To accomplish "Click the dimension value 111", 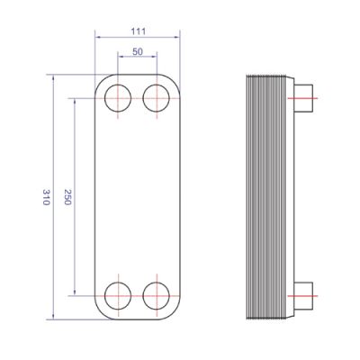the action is [x=139, y=31].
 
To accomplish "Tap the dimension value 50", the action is [x=138, y=51].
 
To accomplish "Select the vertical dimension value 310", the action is [x=46, y=197].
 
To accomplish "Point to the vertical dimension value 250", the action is [x=67, y=197].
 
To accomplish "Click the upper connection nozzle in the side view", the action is [x=303, y=98].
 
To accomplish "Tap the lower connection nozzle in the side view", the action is [x=303, y=296].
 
